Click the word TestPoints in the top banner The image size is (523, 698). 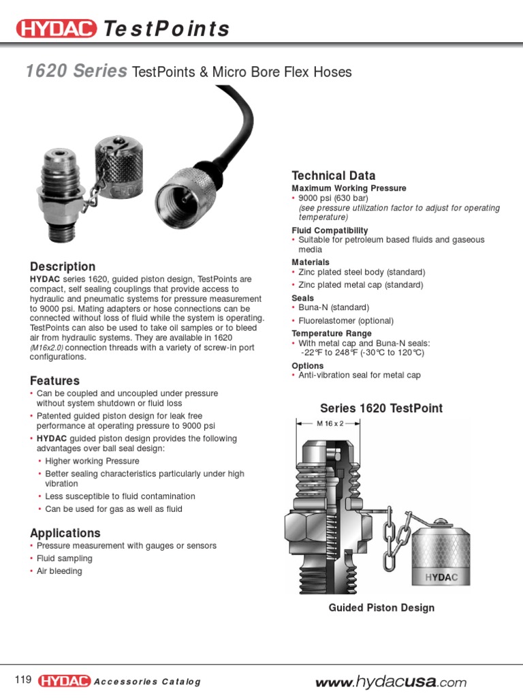[166, 29]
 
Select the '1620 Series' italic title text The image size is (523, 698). [76, 72]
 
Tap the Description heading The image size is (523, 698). [63, 267]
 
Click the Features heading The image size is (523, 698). [54, 380]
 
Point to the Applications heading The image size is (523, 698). [65, 533]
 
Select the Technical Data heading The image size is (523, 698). [333, 175]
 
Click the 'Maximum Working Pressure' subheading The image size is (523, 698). [349, 188]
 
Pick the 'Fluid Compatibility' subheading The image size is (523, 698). [330, 230]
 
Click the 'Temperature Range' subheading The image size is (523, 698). [332, 333]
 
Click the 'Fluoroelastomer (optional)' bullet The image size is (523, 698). [346, 320]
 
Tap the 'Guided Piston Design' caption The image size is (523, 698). [381, 607]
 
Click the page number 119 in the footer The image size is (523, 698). [23, 680]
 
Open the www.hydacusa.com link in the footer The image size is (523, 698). [390, 682]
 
